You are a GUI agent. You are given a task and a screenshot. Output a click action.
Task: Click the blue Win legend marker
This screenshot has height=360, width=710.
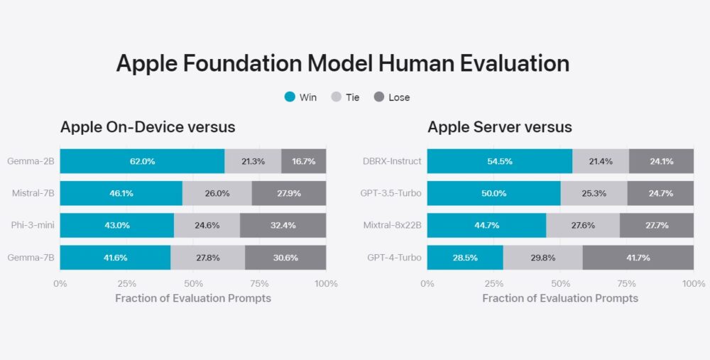click(x=290, y=97)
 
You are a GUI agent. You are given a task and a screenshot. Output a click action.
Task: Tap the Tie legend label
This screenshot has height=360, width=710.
click(x=352, y=97)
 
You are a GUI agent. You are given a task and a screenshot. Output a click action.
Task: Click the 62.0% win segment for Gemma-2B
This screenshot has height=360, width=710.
click(x=142, y=161)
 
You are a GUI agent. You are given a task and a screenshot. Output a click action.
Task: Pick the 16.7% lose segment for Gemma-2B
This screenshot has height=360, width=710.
click(x=304, y=161)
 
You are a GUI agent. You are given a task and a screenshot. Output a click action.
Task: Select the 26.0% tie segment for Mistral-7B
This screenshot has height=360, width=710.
click(x=217, y=193)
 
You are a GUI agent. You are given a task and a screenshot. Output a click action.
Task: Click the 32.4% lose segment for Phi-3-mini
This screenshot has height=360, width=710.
click(x=283, y=225)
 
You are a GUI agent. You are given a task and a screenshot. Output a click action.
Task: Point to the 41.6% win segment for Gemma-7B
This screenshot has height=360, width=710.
click(x=115, y=257)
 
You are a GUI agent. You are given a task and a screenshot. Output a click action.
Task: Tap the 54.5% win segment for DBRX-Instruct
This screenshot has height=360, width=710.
click(x=499, y=161)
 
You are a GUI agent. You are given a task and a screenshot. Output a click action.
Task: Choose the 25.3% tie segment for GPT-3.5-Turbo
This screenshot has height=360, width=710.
click(x=594, y=193)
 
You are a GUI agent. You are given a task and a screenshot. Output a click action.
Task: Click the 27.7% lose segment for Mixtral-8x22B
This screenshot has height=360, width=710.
click(x=657, y=225)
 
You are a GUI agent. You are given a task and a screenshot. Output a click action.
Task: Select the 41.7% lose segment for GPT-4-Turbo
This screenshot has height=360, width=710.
click(x=638, y=257)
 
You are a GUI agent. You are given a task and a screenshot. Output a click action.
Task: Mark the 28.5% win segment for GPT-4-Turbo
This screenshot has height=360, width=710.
click(x=465, y=257)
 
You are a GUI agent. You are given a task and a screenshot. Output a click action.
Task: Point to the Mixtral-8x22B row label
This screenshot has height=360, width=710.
click(x=391, y=225)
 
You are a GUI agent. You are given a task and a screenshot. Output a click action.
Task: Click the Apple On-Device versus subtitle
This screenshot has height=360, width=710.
click(x=148, y=127)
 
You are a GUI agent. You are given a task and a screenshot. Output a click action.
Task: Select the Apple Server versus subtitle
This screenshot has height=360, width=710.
click(x=500, y=127)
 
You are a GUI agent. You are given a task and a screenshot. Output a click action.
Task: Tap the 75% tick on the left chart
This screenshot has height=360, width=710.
click(x=260, y=284)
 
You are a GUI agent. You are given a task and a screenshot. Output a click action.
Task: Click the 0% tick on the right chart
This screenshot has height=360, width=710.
click(x=427, y=284)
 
